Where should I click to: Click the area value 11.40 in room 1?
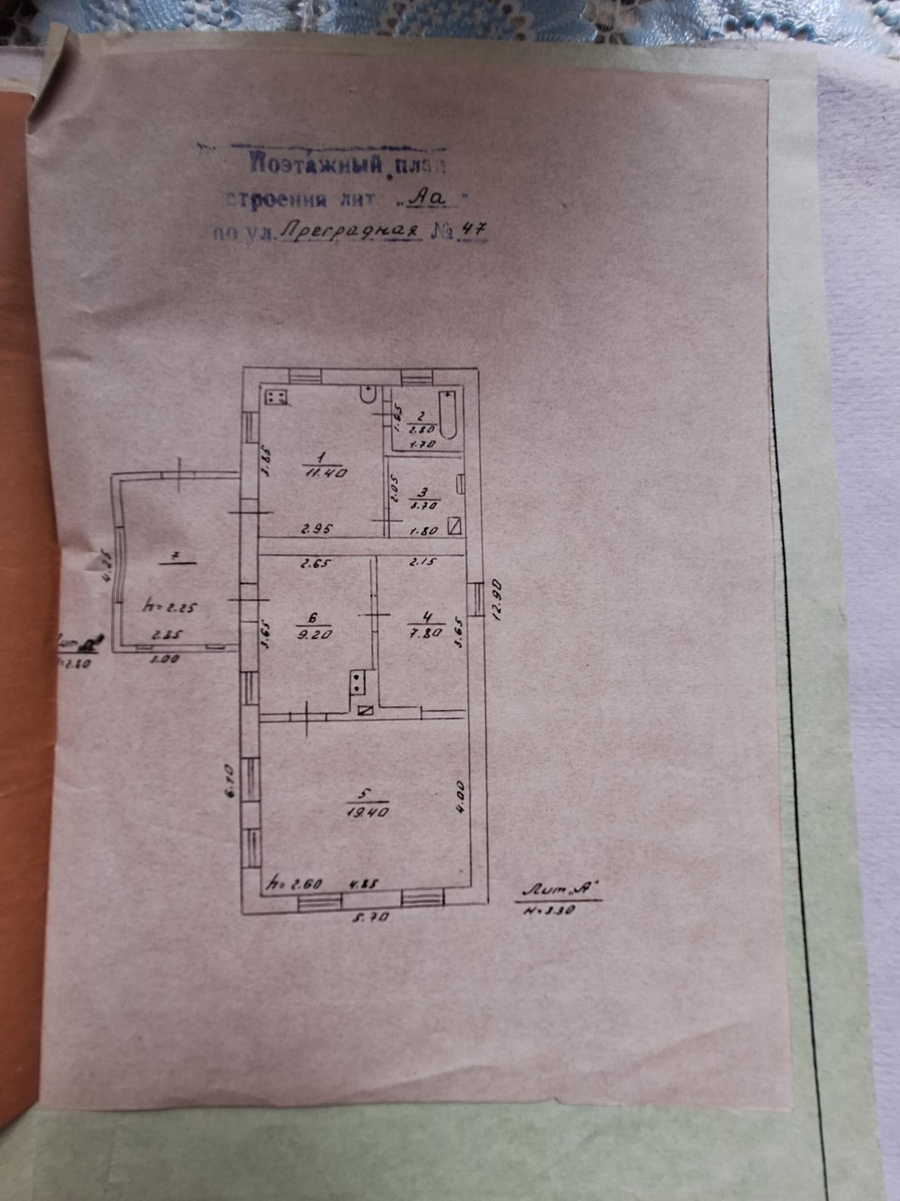pyautogui.click(x=326, y=473)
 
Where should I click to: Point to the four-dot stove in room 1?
pyautogui.click(x=277, y=396)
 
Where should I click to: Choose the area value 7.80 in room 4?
pyautogui.click(x=427, y=633)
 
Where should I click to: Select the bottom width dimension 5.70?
pyautogui.click(x=372, y=917)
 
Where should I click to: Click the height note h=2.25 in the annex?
pyautogui.click(x=170, y=606)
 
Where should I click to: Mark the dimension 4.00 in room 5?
pyautogui.click(x=460, y=796)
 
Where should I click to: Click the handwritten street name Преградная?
pyautogui.click(x=347, y=231)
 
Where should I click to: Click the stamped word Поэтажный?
pyautogui.click(x=317, y=163)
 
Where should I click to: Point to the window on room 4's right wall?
pyautogui.click(x=475, y=599)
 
